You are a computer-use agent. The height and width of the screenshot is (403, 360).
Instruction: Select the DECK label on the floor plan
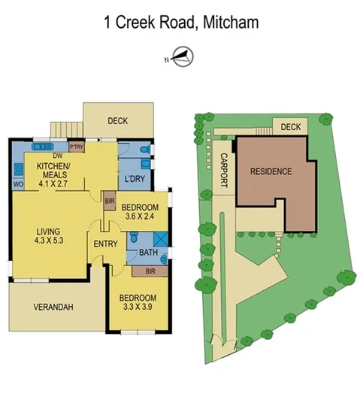click(116, 120)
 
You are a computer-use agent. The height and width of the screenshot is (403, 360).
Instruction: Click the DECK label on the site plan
click(290, 128)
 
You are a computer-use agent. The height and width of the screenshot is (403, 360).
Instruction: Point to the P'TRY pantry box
click(77, 147)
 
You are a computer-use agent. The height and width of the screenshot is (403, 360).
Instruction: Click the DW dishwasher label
click(57, 156)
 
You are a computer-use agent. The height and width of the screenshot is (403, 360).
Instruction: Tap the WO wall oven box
click(17, 183)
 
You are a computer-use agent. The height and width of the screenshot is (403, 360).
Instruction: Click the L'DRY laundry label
click(135, 178)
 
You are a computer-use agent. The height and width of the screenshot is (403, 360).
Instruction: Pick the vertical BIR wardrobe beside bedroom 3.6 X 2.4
click(109, 201)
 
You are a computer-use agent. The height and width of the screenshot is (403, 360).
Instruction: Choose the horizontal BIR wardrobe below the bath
click(150, 271)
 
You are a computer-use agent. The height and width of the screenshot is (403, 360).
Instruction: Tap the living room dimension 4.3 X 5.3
click(48, 241)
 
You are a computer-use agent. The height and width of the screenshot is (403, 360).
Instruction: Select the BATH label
click(148, 253)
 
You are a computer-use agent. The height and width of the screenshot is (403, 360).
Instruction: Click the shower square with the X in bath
click(159, 238)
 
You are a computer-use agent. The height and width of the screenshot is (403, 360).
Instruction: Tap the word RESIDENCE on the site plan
click(271, 171)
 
